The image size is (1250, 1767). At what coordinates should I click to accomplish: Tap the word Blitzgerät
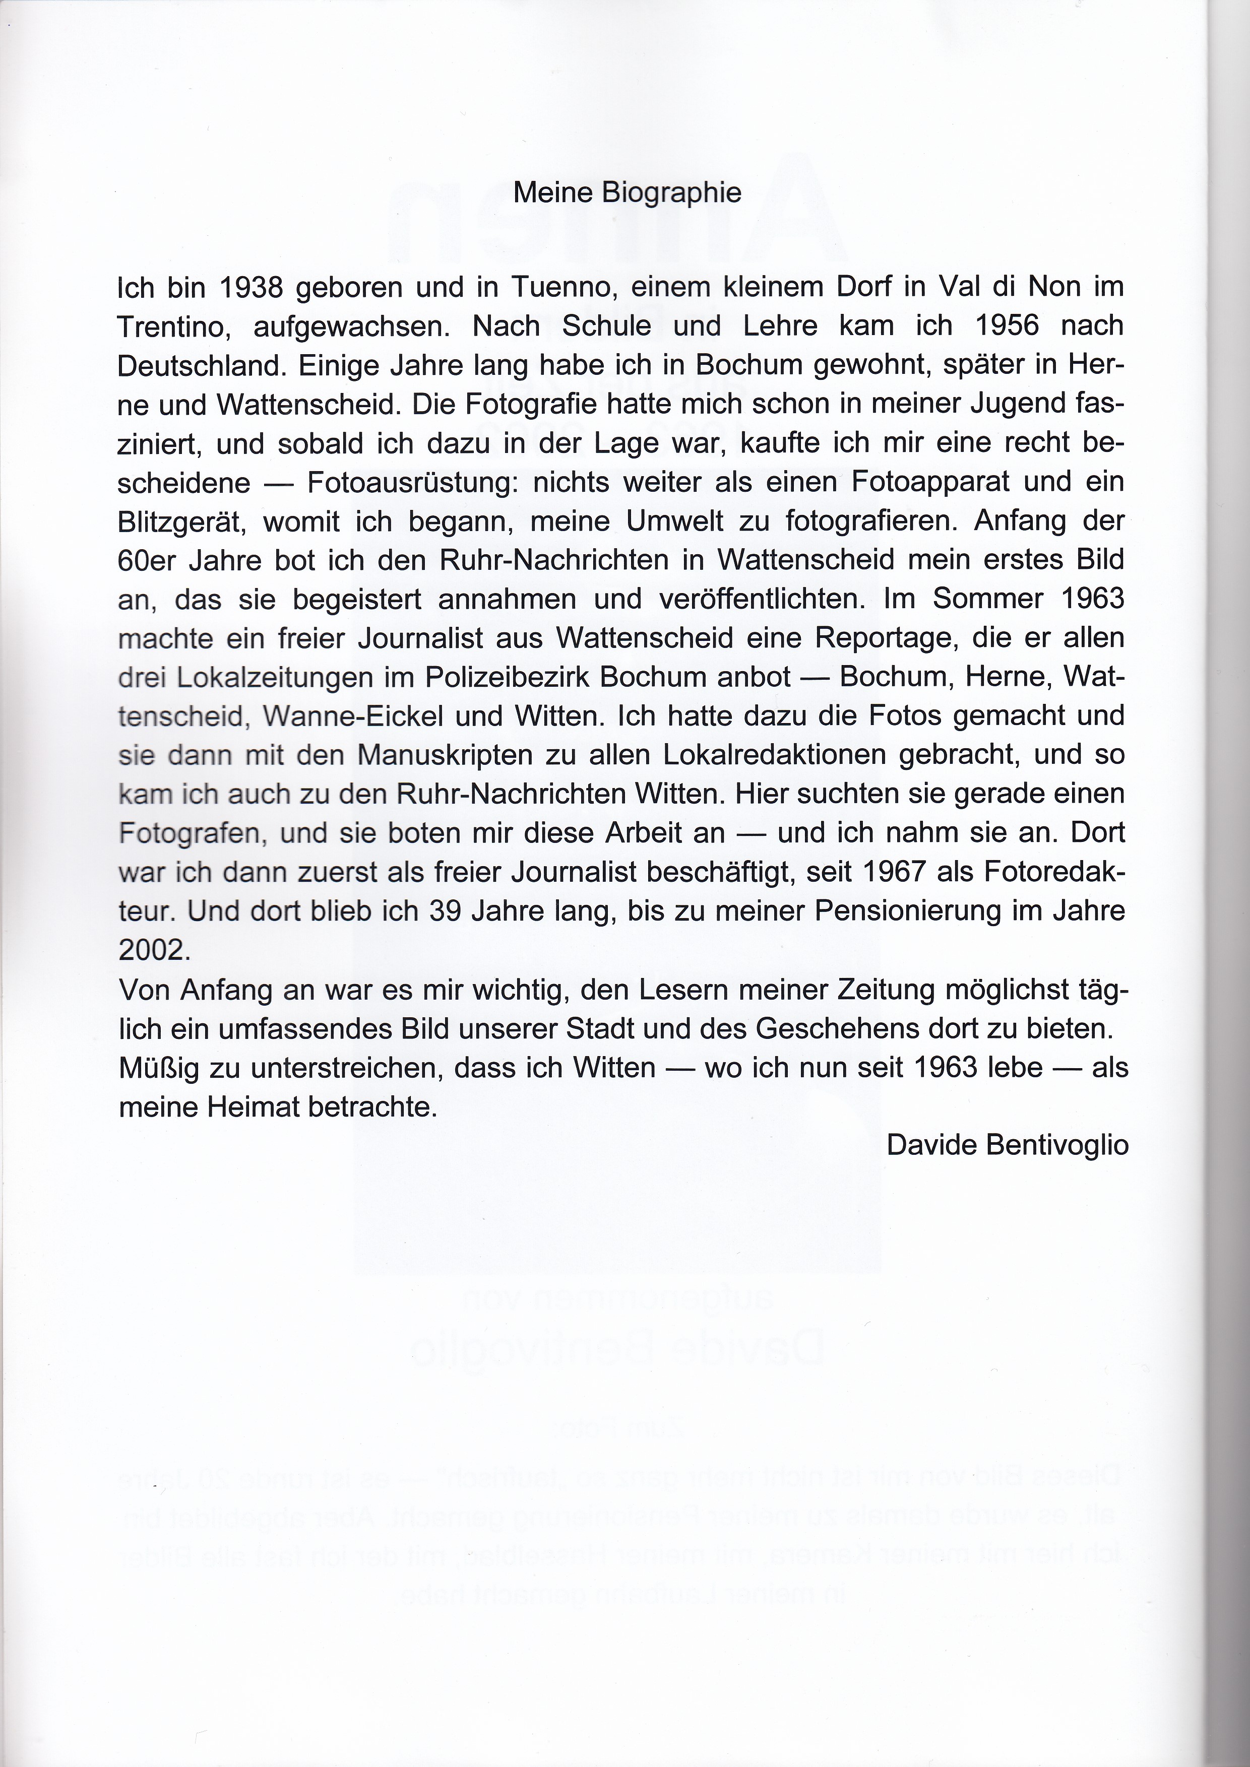click(x=181, y=522)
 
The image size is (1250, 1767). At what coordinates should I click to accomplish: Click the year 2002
click(x=152, y=950)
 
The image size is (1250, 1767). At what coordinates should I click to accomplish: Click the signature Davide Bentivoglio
click(x=1008, y=1145)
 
